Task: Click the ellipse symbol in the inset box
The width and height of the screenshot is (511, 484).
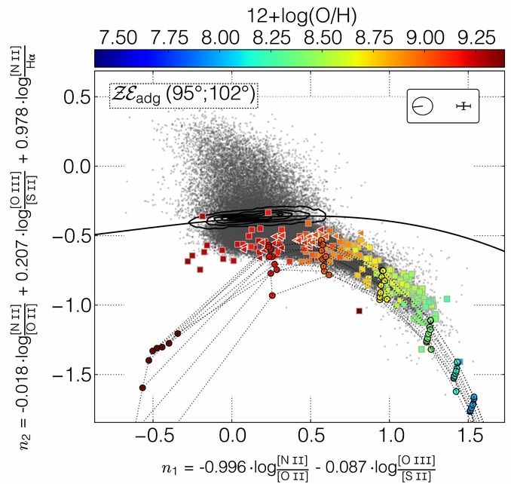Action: [422, 106]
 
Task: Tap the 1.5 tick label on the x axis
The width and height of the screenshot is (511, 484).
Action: [469, 437]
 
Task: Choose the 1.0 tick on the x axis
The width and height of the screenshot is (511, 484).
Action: [390, 437]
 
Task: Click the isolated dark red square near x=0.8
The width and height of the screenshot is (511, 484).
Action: [360, 311]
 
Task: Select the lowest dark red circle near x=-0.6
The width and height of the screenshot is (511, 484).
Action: [142, 388]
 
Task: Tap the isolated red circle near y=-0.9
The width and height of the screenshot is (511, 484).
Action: [271, 296]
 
